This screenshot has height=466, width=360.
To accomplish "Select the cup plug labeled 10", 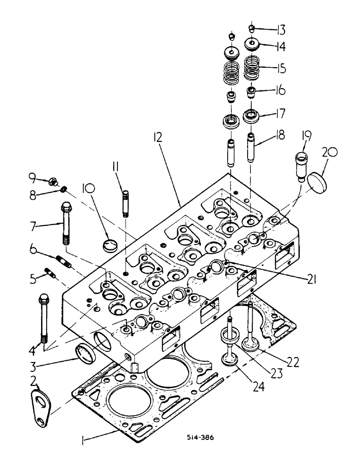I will pyautogui.click(x=111, y=245).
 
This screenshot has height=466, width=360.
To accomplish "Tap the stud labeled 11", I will pyautogui.click(x=126, y=201).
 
